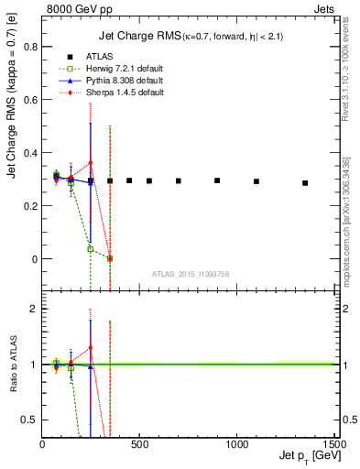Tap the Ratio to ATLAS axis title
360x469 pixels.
click(x=13, y=364)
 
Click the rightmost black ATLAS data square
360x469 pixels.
click(x=305, y=183)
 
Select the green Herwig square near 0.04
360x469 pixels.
click(x=91, y=249)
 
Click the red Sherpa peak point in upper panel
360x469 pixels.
click(x=91, y=163)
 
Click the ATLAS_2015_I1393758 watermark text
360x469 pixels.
click(x=190, y=272)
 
